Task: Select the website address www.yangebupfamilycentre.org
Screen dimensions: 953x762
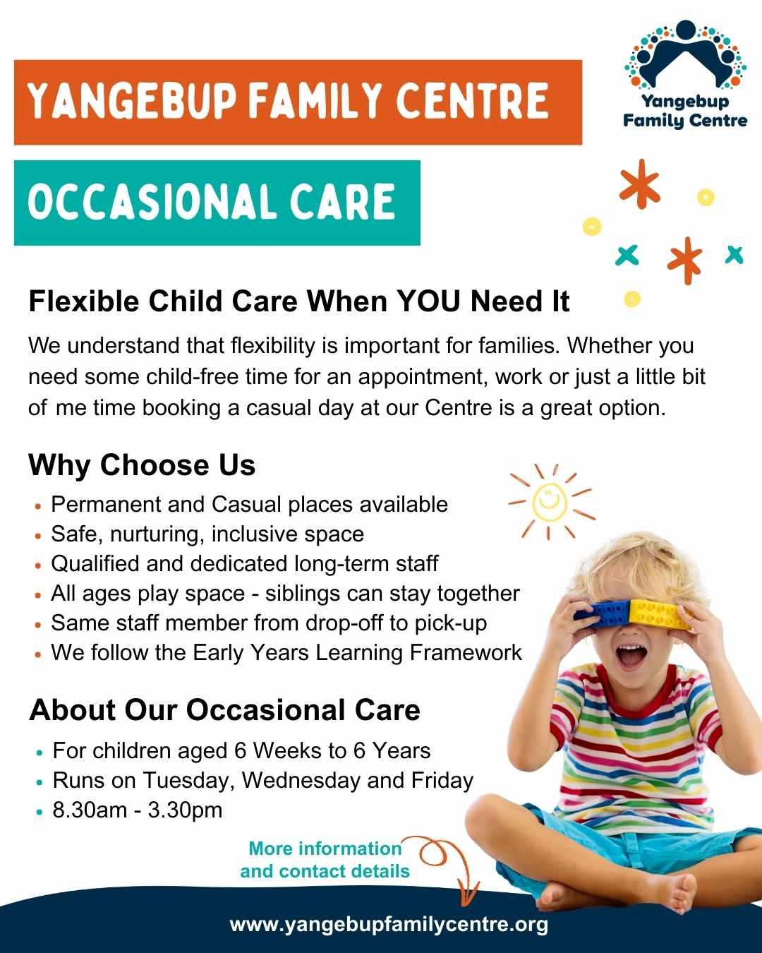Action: [x=389, y=924]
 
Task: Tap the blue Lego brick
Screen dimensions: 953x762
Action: [x=600, y=613]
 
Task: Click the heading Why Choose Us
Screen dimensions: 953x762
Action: [x=142, y=465]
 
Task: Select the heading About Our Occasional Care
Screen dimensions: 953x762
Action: [x=224, y=710]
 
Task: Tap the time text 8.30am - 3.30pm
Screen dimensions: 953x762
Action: [x=138, y=810]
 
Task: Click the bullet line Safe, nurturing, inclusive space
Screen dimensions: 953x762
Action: [x=207, y=534]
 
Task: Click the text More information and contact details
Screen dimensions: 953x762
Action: [x=325, y=860]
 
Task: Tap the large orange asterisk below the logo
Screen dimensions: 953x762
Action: [x=639, y=184]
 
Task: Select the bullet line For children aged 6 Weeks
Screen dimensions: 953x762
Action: [x=241, y=750]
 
